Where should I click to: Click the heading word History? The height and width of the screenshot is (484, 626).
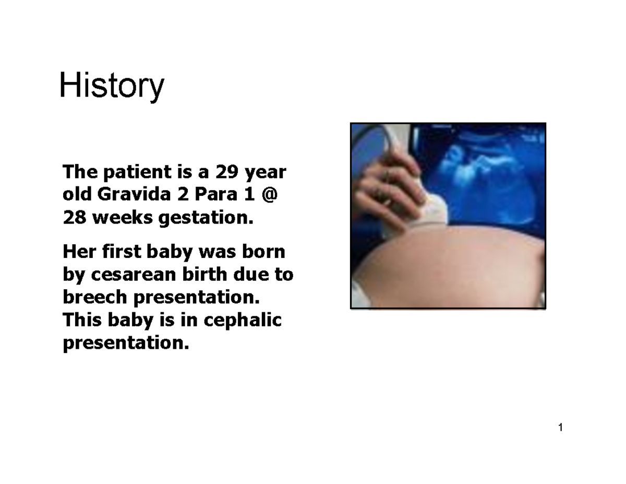point(112,86)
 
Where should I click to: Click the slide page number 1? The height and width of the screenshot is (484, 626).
point(560,429)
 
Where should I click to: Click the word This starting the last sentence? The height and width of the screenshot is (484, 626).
point(81,320)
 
